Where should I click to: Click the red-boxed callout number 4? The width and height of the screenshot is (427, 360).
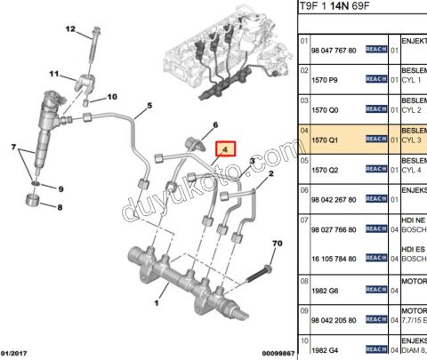click(227, 149)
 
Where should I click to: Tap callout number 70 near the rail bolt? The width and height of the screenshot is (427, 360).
click(276, 244)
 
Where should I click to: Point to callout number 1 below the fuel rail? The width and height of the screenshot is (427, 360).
click(157, 304)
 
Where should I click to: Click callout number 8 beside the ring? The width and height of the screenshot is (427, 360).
click(60, 207)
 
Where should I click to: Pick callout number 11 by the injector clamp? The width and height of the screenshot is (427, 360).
click(53, 74)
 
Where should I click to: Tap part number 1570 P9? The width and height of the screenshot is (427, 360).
click(323, 80)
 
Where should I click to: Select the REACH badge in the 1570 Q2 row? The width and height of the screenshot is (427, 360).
click(375, 169)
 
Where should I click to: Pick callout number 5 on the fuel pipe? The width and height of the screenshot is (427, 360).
click(149, 106)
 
